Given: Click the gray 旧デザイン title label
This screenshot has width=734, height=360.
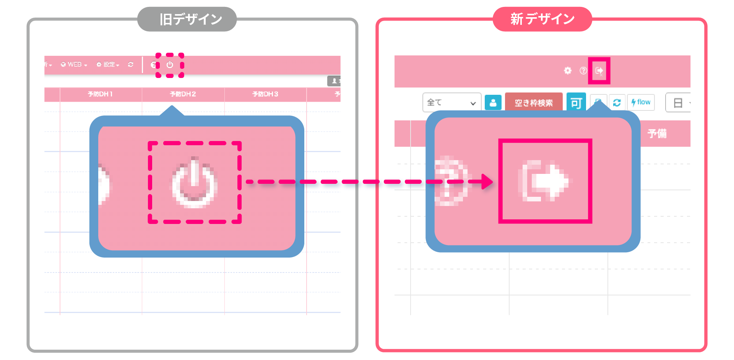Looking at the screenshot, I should click(x=187, y=19).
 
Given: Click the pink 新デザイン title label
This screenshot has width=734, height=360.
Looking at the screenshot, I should click(x=542, y=19).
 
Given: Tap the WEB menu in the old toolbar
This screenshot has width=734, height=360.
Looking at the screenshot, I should click(x=74, y=65).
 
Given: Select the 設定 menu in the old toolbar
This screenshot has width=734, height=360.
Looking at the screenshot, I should click(x=108, y=65).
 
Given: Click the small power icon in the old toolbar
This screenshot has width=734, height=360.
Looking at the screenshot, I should click(x=170, y=65).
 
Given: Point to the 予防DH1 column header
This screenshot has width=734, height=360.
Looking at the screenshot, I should click(x=100, y=94).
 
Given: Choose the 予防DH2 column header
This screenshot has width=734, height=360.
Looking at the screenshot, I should click(x=183, y=94).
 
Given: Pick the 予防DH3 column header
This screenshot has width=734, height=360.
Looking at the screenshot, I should click(x=265, y=94).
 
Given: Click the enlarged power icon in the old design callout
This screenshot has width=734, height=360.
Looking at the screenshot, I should click(x=194, y=183).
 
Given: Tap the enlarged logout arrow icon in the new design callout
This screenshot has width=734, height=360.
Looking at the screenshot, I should click(x=545, y=181).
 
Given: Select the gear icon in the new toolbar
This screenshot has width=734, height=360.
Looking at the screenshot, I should click(x=568, y=71).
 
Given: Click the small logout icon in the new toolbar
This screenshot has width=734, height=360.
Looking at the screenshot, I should click(x=599, y=71).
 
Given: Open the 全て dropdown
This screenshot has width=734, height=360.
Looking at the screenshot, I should click(x=451, y=102).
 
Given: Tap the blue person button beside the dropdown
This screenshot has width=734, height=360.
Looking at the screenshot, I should click(x=493, y=102).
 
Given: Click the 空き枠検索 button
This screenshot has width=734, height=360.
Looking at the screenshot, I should click(x=534, y=102).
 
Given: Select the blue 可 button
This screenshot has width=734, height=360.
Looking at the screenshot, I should click(x=576, y=102).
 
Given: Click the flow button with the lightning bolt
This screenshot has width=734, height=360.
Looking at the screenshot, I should click(x=641, y=102).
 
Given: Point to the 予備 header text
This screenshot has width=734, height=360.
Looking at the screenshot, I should click(x=657, y=133).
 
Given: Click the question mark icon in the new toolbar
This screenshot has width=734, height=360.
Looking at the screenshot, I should click(x=583, y=71).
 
